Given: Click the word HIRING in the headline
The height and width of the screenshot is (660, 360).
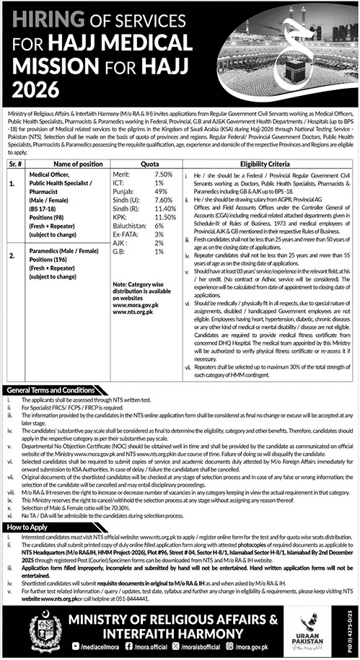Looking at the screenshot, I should click(43, 17).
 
